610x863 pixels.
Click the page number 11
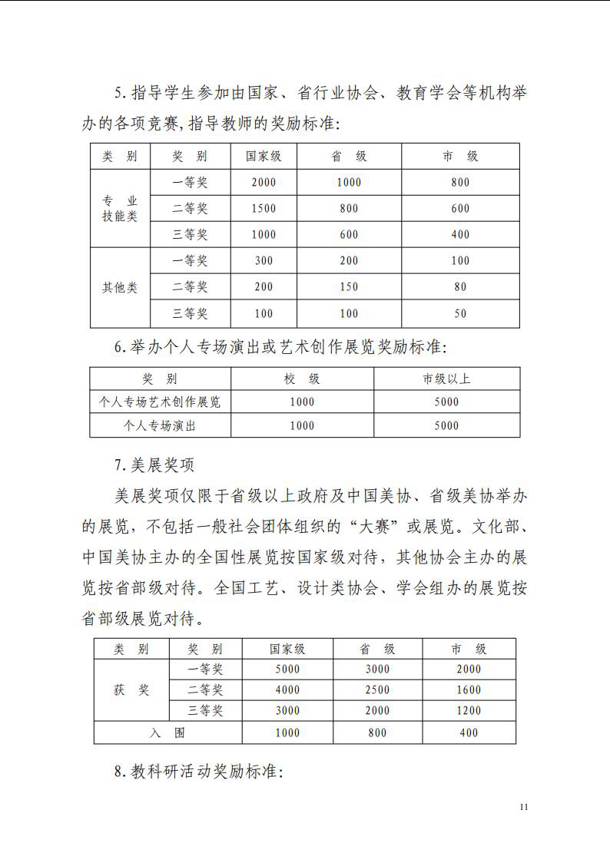tap(524, 806)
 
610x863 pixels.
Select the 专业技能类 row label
tap(120, 208)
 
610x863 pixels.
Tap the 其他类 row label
tap(120, 287)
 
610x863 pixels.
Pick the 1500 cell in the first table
tap(264, 208)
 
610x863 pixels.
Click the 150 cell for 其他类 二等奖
tap(349, 287)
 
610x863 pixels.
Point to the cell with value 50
tap(460, 313)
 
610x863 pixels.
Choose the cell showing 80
tap(460, 287)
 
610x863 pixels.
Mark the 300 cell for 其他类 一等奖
tap(264, 261)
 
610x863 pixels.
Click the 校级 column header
tap(302, 379)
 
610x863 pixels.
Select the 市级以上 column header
tap(446, 379)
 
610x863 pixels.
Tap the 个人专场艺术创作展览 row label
tap(160, 402)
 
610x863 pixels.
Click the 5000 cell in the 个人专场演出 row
tap(446, 425)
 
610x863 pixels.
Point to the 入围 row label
tap(167, 732)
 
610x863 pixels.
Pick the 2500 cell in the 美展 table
tap(377, 689)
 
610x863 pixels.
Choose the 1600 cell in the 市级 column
tap(469, 689)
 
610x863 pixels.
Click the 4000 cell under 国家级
tap(287, 689)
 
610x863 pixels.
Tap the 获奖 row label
tap(131, 689)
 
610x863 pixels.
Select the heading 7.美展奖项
tap(154, 465)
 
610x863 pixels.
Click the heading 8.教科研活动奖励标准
tap(199, 772)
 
